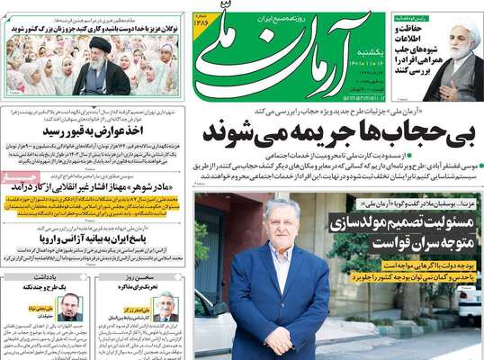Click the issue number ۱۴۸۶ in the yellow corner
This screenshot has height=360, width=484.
(203, 27)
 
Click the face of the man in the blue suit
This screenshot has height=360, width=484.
(279, 221)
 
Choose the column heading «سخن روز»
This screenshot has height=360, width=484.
(142, 276)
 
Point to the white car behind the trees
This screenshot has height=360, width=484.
(469, 302)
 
